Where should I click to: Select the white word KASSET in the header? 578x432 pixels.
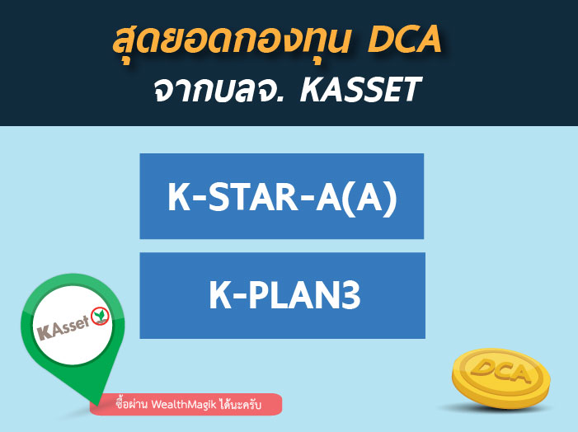pos(360,90)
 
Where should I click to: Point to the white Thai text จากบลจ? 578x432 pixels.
pos(219,91)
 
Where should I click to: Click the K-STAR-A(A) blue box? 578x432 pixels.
pos(282,196)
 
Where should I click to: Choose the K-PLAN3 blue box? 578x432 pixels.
pos(282,295)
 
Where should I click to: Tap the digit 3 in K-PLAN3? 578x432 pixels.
pos(349,295)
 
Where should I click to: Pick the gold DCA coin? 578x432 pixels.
pos(501,378)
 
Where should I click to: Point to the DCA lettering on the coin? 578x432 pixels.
pos(500,371)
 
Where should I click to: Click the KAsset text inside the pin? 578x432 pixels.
pos(63,327)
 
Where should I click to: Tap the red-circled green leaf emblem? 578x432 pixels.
pos(100,316)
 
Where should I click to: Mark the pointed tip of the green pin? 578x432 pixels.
pos(98,405)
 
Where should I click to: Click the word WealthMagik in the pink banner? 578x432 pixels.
pos(183,404)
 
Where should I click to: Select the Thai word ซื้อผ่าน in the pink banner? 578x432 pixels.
pos(132,404)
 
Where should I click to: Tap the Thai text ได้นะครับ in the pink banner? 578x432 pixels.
pos(240,404)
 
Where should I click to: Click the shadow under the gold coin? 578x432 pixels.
pos(496,408)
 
